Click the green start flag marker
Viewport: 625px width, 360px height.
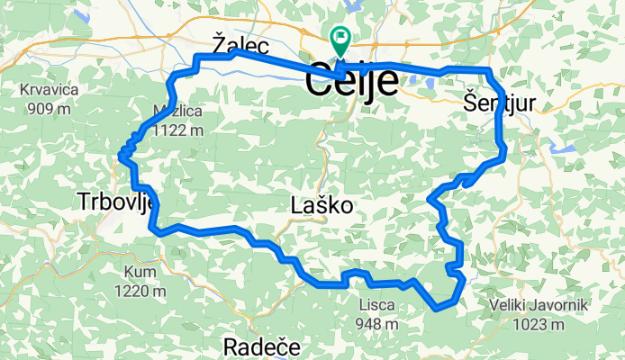(341, 40)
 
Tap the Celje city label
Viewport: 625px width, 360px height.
(352, 82)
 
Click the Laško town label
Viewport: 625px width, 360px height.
(322, 206)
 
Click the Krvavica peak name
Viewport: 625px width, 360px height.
(52, 91)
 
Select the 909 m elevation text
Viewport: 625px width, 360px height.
(50, 110)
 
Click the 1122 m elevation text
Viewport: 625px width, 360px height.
(178, 130)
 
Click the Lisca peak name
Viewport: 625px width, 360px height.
(376, 304)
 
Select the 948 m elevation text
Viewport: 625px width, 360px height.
(376, 323)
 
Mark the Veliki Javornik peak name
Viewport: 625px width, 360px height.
(539, 306)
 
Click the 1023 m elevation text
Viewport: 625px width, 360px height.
(539, 325)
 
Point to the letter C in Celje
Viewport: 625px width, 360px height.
(320, 82)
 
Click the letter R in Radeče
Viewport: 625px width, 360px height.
(231, 347)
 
